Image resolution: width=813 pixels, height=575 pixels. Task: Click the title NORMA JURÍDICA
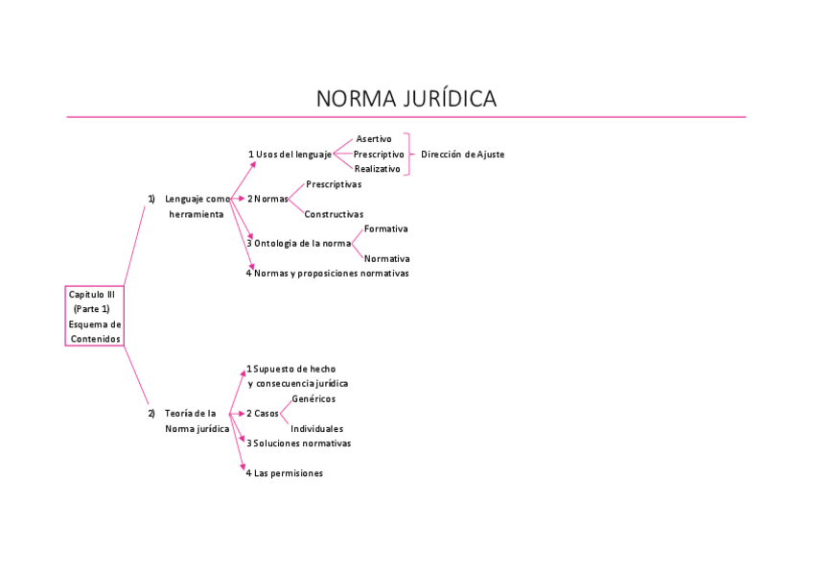(x=406, y=99)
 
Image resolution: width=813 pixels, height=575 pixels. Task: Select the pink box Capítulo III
(x=95, y=316)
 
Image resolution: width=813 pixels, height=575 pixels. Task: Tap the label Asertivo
(x=373, y=139)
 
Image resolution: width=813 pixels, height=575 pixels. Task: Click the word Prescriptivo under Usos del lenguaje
(x=379, y=155)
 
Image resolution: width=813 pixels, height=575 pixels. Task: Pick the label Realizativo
(x=378, y=169)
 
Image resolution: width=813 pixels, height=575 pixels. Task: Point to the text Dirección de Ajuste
(x=462, y=155)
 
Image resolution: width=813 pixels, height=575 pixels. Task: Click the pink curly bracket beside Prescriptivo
(x=409, y=154)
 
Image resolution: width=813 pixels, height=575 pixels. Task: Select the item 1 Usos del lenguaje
(x=290, y=155)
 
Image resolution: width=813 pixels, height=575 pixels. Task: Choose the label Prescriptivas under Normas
(x=334, y=184)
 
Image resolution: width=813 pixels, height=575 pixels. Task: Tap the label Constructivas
(x=334, y=214)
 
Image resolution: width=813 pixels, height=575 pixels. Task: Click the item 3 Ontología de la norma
(x=298, y=244)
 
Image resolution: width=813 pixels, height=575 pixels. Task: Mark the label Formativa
(x=386, y=228)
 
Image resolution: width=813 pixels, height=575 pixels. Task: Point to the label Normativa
(x=387, y=259)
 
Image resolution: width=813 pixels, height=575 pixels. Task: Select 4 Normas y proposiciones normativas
(x=327, y=274)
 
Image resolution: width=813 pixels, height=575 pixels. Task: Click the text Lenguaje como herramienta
(x=197, y=206)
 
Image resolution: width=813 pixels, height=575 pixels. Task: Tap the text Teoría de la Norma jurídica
(x=197, y=420)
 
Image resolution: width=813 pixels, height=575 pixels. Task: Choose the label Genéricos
(x=314, y=398)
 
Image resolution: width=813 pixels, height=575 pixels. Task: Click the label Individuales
(x=317, y=429)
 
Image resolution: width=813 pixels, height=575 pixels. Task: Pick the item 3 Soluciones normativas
(x=298, y=443)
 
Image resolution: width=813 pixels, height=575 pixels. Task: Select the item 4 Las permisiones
(x=285, y=473)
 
